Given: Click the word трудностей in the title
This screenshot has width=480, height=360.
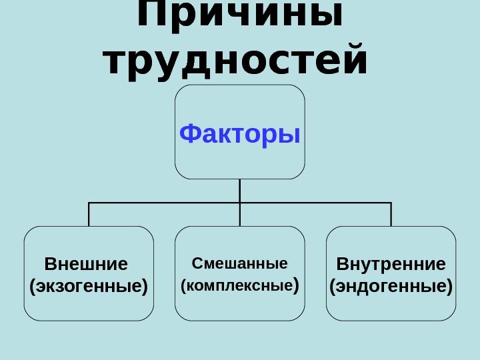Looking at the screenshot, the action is [x=237, y=61].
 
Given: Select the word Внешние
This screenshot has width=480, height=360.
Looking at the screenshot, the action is [x=85, y=264].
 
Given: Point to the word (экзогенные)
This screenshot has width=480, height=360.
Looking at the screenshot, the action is [x=89, y=287].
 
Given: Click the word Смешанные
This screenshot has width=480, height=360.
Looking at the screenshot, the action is [x=239, y=263].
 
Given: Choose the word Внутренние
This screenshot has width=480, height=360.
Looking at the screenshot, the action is [x=391, y=264].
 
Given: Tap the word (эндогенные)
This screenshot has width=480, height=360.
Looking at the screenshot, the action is [x=391, y=287].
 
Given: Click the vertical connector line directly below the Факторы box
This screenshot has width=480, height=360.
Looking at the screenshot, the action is [x=240, y=191].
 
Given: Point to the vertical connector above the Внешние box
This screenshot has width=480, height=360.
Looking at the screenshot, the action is [x=89, y=214].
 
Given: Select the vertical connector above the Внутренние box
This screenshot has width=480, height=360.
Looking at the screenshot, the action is [x=391, y=214].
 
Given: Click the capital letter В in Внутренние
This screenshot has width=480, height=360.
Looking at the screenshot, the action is [x=341, y=264].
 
